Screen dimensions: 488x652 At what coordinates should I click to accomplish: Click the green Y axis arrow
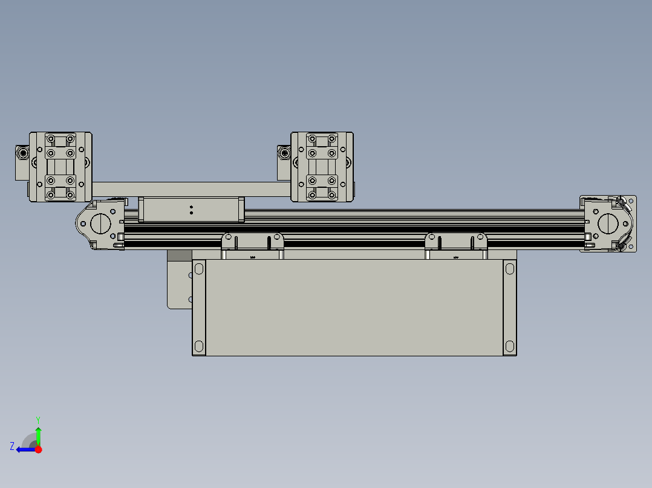[38, 434]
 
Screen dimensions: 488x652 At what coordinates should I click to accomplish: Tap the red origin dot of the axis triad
[38, 449]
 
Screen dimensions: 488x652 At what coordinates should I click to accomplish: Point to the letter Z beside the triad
[12, 446]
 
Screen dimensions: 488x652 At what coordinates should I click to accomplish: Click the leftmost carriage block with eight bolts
[60, 167]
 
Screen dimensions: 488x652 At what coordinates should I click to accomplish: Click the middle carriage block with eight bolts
[322, 167]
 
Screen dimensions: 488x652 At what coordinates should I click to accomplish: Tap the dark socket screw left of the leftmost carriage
[23, 153]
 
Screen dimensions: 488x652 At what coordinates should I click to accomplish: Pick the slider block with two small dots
[191, 210]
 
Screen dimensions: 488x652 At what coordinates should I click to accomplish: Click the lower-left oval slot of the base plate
[199, 347]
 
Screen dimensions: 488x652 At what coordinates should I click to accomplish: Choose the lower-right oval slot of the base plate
[509, 347]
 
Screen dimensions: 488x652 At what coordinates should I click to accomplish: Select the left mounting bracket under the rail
[252, 245]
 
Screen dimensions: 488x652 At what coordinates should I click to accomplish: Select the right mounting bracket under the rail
[456, 245]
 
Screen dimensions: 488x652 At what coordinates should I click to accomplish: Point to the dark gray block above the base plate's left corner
[178, 255]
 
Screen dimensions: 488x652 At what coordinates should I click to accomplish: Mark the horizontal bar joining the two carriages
[191, 189]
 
